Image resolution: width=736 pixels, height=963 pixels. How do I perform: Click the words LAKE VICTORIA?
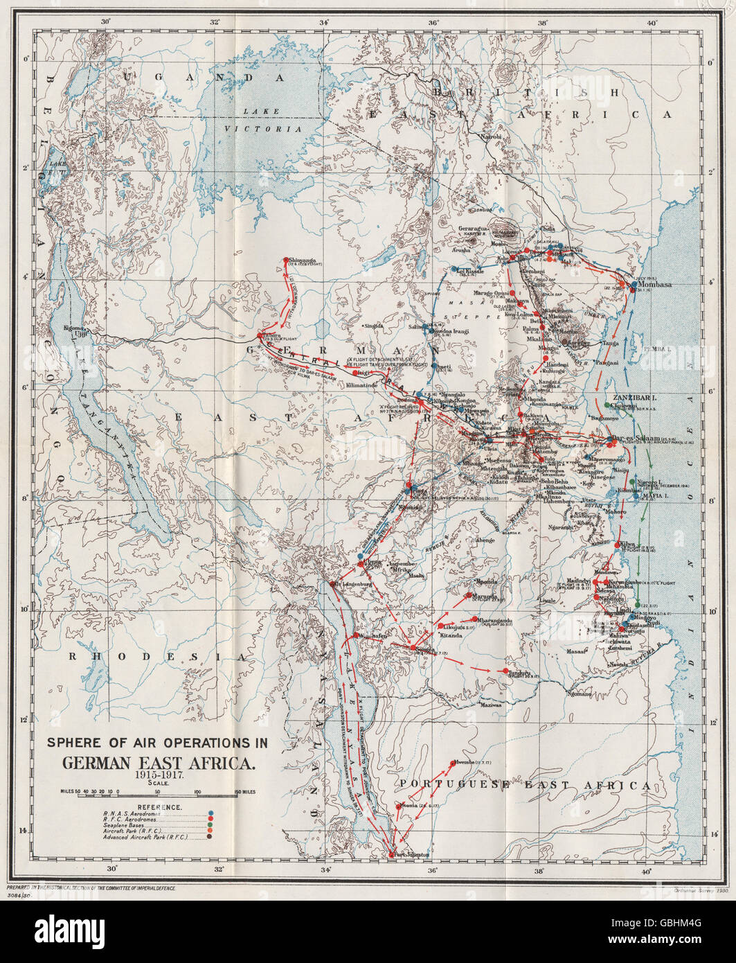(267, 120)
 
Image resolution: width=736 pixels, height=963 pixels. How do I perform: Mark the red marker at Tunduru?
(505, 671)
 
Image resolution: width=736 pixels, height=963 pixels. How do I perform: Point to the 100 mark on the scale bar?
(198, 790)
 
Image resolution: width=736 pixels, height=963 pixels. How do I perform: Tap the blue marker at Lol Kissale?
(454, 269)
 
